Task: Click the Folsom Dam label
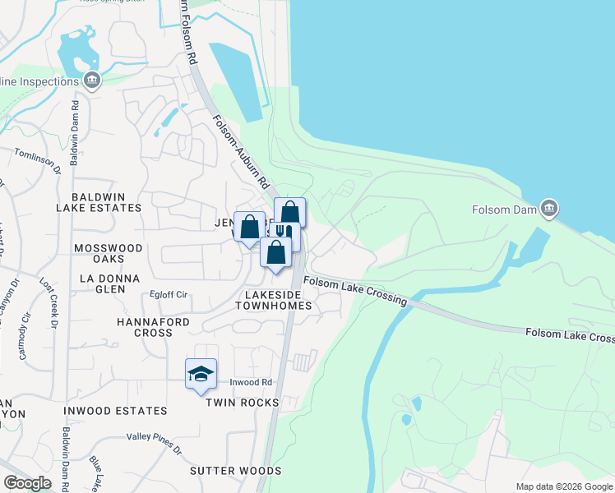coord(505,210)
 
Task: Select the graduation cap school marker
coord(201,374)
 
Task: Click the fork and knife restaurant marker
coord(284,234)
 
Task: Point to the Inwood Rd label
coord(251,382)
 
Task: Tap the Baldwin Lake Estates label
coord(106,202)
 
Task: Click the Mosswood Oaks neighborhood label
coord(108,253)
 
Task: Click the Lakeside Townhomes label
coord(280,299)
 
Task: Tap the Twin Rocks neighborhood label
coord(242,403)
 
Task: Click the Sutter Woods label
coord(236,471)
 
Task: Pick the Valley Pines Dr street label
coord(155,442)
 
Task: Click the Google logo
coord(27,483)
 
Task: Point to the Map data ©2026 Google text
coord(564,486)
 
